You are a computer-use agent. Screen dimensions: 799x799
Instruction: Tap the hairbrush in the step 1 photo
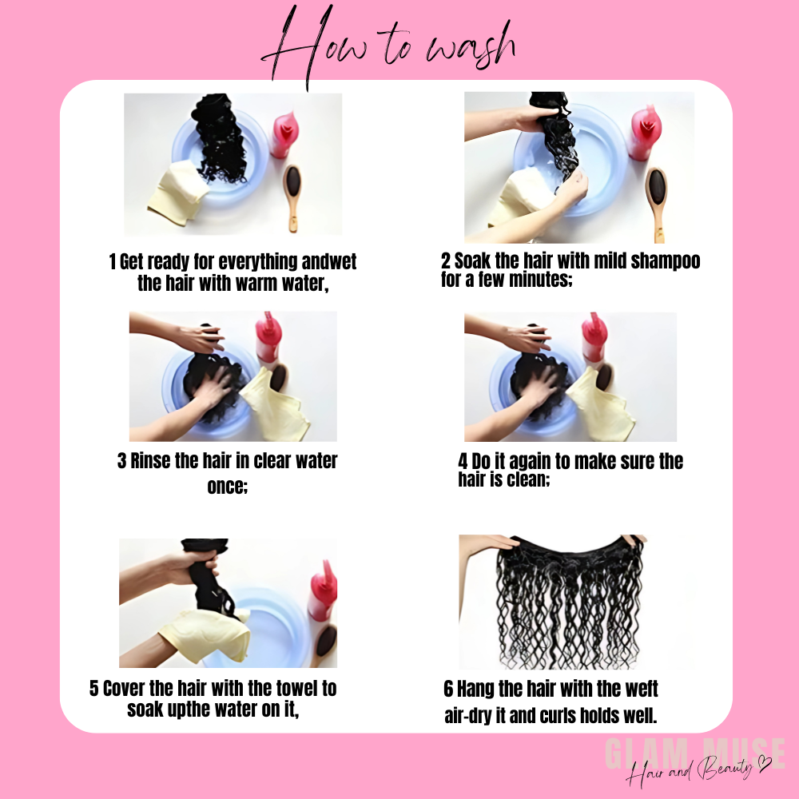[292, 197]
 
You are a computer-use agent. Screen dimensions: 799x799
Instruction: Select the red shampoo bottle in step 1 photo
[283, 134]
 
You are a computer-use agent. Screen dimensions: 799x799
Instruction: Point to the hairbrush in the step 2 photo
[657, 204]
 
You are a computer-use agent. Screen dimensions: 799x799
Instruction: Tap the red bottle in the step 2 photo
[644, 133]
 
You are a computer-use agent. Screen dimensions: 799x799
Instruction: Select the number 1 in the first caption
[112, 262]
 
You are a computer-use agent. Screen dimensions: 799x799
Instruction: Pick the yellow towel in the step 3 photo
[276, 406]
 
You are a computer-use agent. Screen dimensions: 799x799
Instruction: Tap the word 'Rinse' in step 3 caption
[150, 461]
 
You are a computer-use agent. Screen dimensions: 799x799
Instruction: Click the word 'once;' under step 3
[227, 486]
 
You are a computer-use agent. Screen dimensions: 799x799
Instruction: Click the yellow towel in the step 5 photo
[205, 637]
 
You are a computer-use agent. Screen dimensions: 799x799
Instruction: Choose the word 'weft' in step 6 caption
[641, 689]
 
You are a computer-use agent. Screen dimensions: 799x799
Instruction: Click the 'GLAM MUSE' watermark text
[695, 753]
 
